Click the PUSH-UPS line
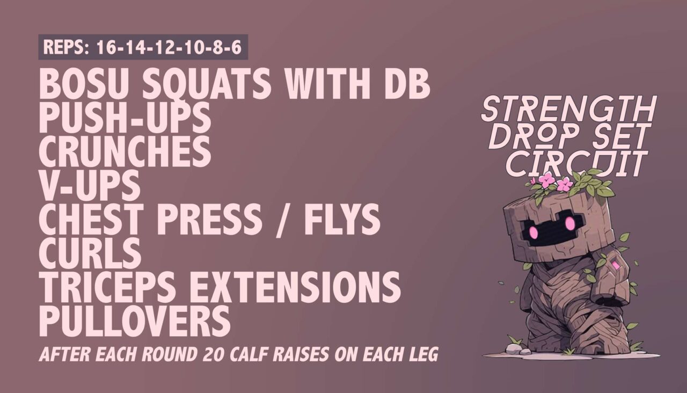tap(125, 119)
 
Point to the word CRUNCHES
tap(125, 152)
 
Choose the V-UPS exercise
tap(90, 185)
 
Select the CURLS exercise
tap(90, 252)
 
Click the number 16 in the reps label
tap(106, 48)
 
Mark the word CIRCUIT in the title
tap(574, 163)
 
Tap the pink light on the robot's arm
tap(615, 266)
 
